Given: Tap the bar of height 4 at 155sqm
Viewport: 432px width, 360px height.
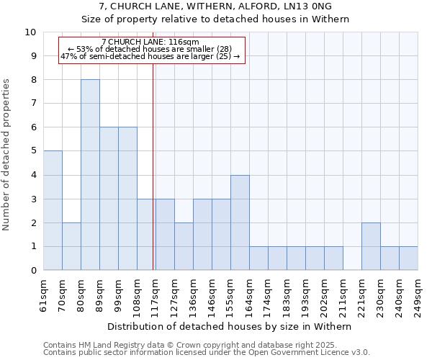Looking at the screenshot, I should click(x=240, y=222).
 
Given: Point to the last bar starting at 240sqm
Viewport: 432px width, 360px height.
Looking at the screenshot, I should click(x=408, y=258).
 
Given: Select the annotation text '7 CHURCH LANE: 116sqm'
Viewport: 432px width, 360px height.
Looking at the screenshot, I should click(x=150, y=42).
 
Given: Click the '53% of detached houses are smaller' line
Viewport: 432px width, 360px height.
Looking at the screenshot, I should click(x=150, y=49).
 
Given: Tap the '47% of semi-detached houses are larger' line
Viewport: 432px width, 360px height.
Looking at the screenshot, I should click(x=150, y=56).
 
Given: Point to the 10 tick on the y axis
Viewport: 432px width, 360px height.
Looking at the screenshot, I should click(x=30, y=32).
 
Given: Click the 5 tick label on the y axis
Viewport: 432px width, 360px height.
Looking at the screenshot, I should click(x=33, y=151).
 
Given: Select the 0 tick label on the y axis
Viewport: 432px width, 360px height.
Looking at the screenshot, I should click(x=33, y=271).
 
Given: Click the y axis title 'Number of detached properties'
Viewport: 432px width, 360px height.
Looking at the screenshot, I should click(x=7, y=156).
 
